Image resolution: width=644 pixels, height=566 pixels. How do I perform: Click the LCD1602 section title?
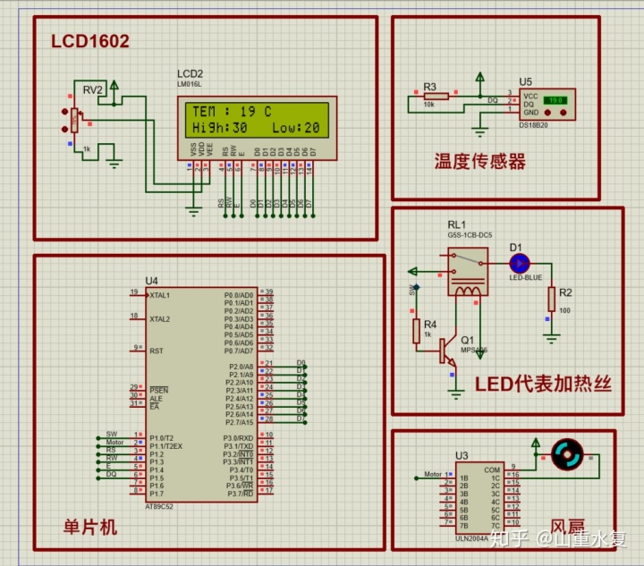pos(90,41)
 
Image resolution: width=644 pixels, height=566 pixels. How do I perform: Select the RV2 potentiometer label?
pos(93,89)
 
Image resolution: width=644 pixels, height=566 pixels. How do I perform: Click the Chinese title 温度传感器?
pos(479,161)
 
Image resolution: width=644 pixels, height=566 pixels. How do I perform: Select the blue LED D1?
pos(520,263)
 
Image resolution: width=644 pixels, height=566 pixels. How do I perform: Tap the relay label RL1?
pos(457,224)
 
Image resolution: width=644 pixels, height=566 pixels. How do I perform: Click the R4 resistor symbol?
pos(416,331)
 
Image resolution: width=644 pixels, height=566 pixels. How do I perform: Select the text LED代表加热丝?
pos(542,384)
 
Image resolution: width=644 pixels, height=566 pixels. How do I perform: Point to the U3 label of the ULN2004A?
pos(462,455)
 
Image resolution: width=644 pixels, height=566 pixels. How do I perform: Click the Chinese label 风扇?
pos(568,528)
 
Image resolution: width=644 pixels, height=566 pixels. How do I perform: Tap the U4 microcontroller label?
pos(151,280)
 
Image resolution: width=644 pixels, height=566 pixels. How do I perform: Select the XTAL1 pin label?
pos(160,294)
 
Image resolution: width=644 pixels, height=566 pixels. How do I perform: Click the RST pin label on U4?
pos(156,351)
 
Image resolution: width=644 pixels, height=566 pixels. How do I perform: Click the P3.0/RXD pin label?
pos(240,437)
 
